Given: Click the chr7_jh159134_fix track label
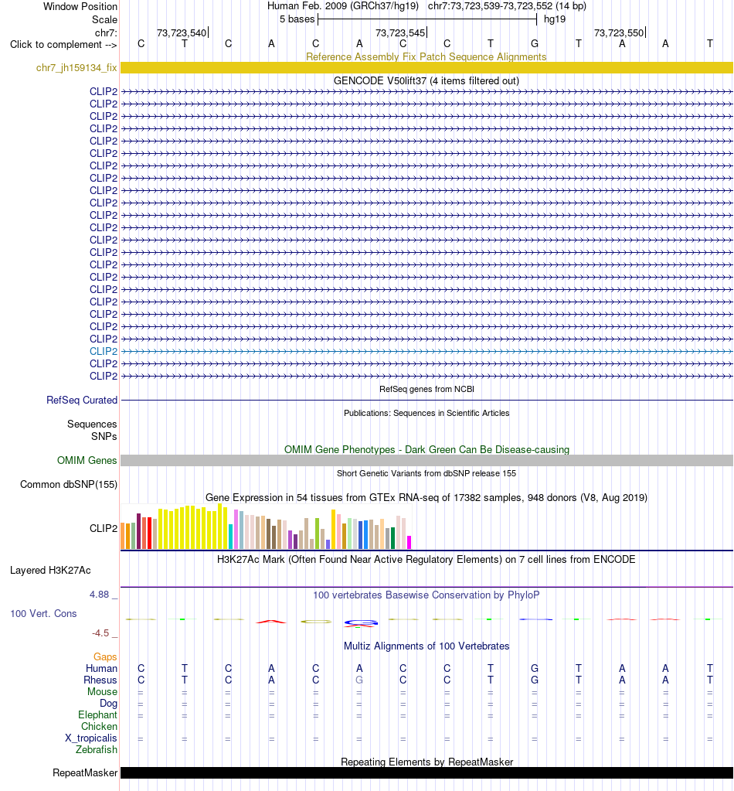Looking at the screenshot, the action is point(76,67).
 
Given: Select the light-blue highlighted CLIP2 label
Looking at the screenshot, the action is point(104,351).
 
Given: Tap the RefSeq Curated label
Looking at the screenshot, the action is point(82,400).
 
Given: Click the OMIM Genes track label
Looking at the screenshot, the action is point(87,460).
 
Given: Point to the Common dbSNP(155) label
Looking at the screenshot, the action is point(69,484).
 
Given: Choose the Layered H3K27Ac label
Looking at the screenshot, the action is point(50,570).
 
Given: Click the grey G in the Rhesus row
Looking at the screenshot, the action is point(359,680).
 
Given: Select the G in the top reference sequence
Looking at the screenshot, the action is point(535,44).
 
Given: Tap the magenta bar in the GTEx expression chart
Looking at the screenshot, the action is point(409,542).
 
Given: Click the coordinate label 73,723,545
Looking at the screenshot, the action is point(400,32).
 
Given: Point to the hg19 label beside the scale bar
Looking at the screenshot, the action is point(555,19).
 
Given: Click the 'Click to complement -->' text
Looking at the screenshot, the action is point(63,44).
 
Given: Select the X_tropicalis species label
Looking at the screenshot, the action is point(90,738).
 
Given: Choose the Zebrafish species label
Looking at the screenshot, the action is point(97,750).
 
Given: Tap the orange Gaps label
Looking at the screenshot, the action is point(105,656).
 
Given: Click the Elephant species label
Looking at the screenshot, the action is point(97,714).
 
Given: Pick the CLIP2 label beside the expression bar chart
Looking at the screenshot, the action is point(104,528).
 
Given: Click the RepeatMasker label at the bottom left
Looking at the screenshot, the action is point(85,773).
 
